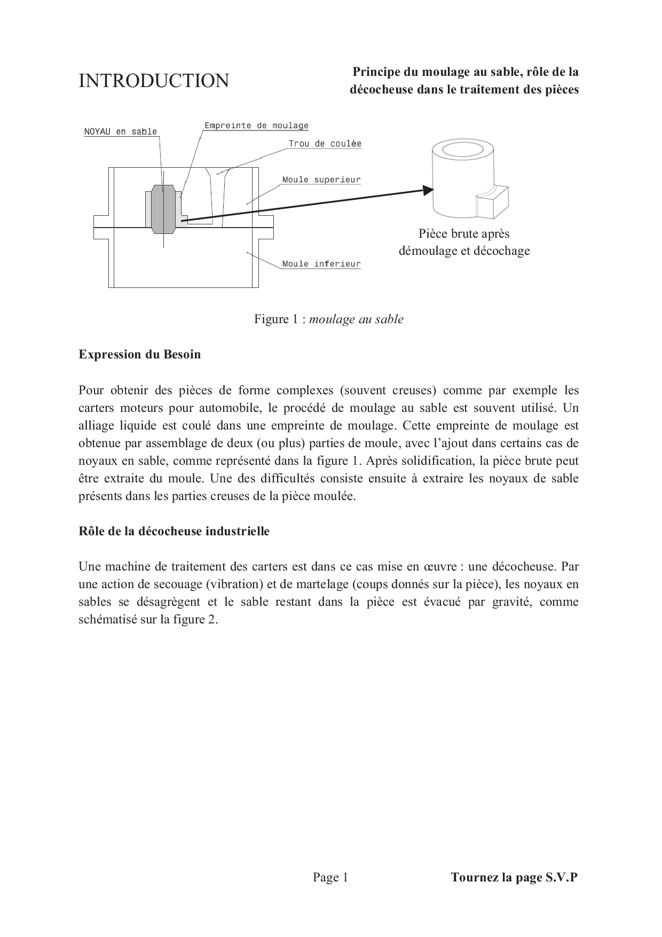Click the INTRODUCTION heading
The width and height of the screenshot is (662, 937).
coord(154,81)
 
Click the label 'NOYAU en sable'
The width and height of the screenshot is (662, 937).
coord(121,131)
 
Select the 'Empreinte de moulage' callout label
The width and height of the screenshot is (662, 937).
coord(256,126)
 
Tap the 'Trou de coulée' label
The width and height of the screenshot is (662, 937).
coord(325,143)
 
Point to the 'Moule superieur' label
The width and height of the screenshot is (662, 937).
coord(321,179)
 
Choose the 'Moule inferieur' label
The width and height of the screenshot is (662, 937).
coord(321,263)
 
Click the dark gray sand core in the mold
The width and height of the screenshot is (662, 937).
coord(163,210)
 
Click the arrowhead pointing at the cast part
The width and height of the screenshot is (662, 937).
coord(428,190)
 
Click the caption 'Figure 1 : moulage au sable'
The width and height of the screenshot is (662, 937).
coord(329,319)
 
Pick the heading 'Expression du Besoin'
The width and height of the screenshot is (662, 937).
coord(140,354)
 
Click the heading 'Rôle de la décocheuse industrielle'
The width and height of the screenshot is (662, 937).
coord(174,531)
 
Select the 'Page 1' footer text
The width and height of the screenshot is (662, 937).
coord(330,877)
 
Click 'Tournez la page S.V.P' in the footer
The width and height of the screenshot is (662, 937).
coord(514,877)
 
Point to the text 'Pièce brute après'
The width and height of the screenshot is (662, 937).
coord(464,233)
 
